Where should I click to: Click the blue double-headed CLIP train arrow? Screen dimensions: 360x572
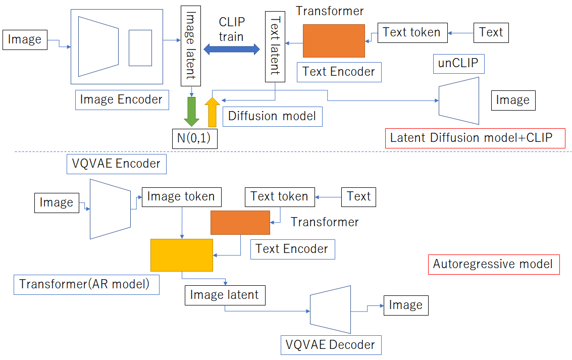[x=231, y=49]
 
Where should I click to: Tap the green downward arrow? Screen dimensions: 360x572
[x=192, y=112]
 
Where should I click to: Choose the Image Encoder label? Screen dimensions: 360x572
[x=121, y=99]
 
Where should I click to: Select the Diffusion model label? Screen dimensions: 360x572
[x=272, y=116]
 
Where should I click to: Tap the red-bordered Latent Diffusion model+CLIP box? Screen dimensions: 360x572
[x=475, y=138]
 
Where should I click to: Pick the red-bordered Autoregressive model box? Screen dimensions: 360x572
[x=493, y=264]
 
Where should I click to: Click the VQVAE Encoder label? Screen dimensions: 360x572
[x=116, y=164]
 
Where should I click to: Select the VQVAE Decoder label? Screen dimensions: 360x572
[x=331, y=345]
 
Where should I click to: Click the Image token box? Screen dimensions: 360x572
[x=181, y=196]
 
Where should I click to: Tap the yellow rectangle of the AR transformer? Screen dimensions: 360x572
[x=181, y=255]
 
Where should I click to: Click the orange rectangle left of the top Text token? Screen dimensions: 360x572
[x=334, y=41]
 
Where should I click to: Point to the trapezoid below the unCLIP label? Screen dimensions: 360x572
[x=459, y=100]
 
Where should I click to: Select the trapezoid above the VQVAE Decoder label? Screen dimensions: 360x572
[x=331, y=309]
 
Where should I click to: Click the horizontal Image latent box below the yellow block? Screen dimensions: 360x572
[x=224, y=295]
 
